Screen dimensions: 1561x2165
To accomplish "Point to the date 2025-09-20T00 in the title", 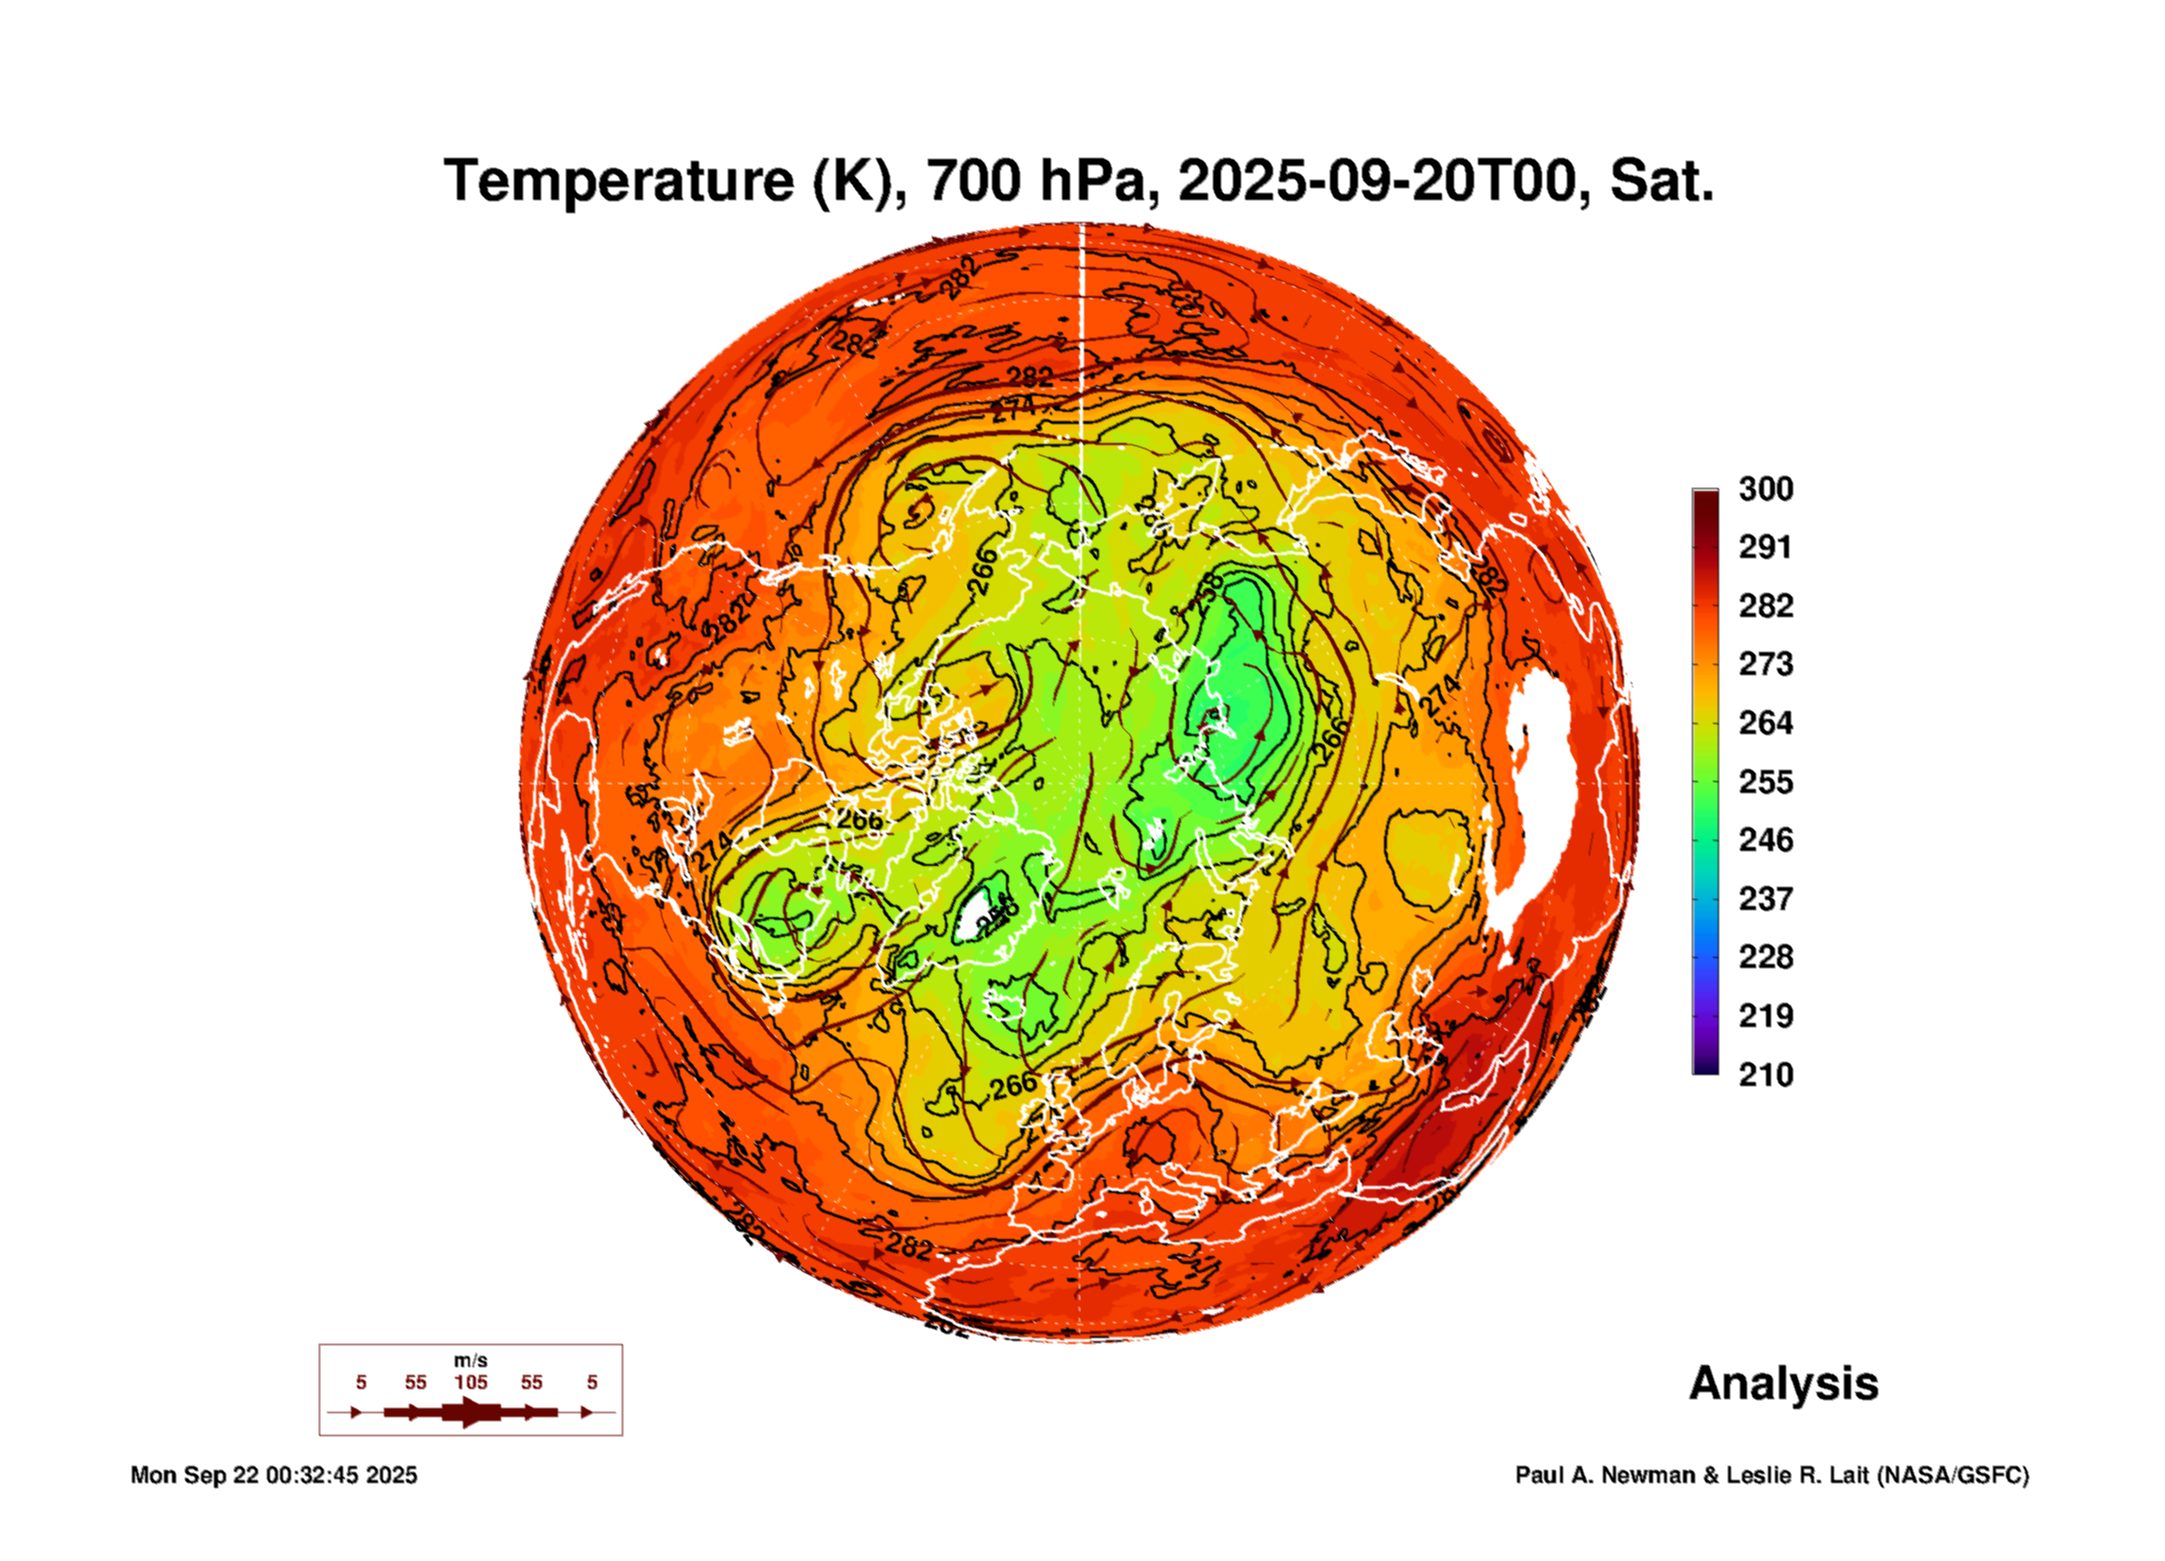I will point(1377,181).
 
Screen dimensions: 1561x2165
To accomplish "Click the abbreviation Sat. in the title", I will point(1661,181).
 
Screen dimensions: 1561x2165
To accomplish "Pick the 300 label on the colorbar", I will point(1765,489).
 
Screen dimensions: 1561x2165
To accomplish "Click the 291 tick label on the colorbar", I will point(1765,547).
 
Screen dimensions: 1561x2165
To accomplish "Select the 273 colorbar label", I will point(1765,664).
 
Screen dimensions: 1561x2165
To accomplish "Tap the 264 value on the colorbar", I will point(1765,723).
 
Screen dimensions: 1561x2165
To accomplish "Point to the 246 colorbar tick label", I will point(1765,840).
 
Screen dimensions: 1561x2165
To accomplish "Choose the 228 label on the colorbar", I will point(1765,957).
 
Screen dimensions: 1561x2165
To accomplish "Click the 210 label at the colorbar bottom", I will point(1765,1075).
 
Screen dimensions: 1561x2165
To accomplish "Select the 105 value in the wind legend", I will point(471,1383).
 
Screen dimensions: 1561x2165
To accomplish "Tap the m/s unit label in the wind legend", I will point(471,1361).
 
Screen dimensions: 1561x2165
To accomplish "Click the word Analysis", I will point(1784,1384).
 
